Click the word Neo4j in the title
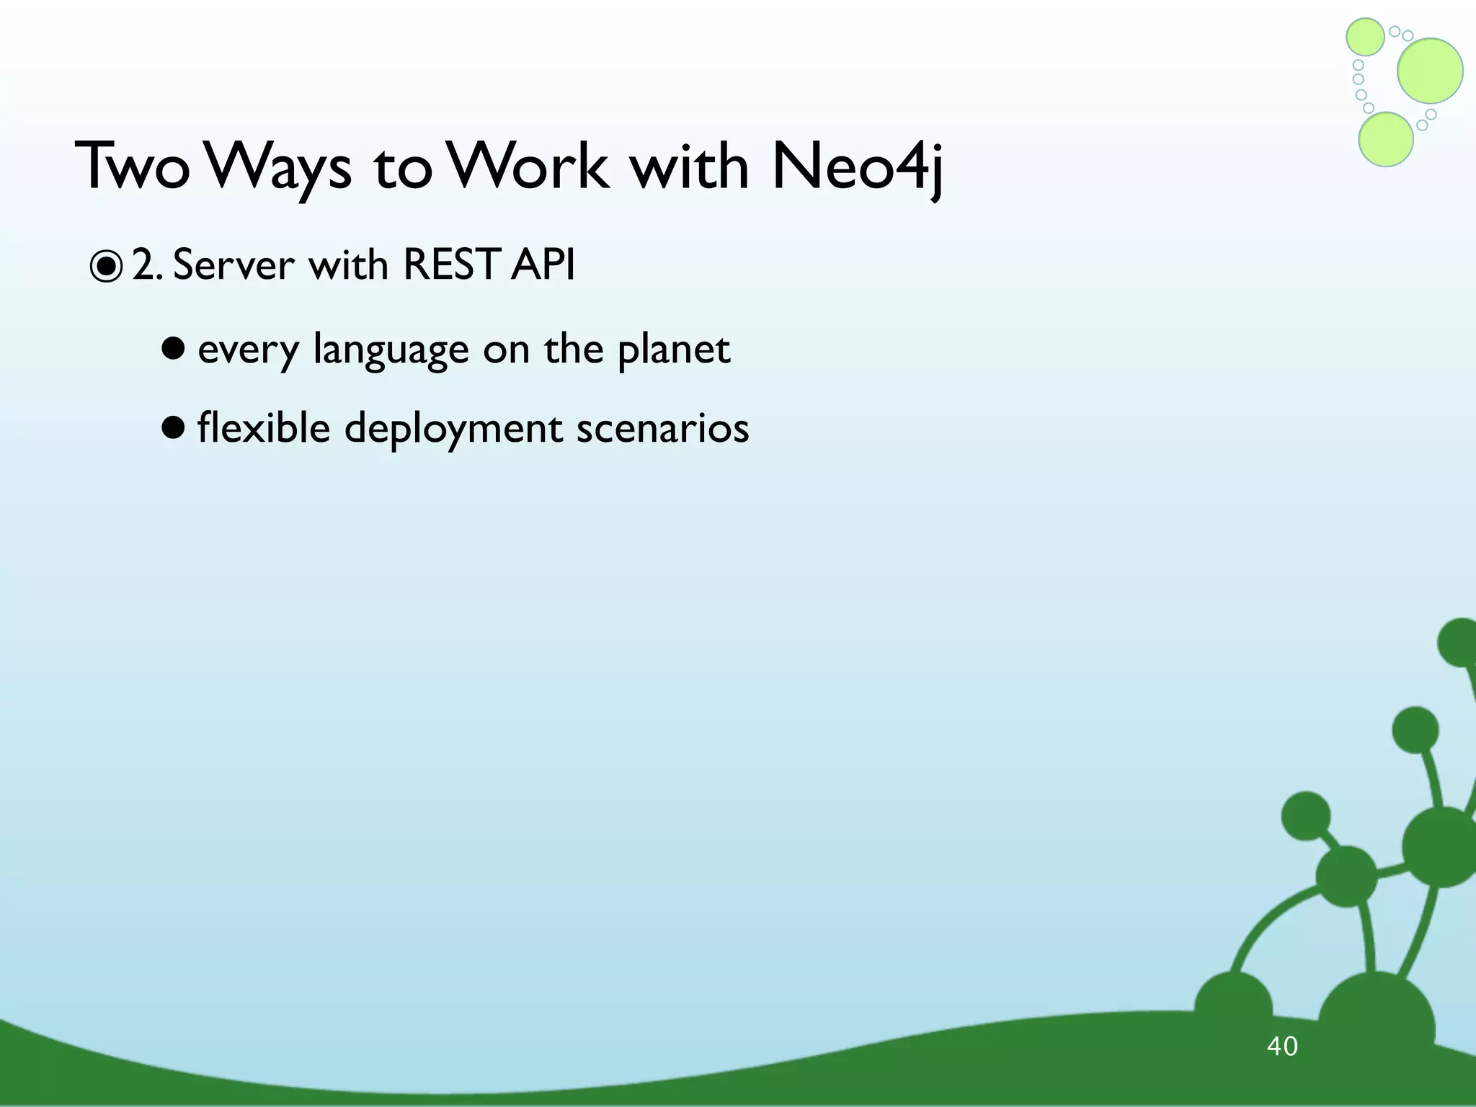(856, 167)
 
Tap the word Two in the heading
(133, 167)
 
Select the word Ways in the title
(281, 167)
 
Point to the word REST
(451, 264)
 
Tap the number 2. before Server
(148, 264)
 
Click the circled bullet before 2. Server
(106, 266)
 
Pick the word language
(391, 350)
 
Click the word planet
(674, 350)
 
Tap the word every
(248, 350)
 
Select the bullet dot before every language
(173, 350)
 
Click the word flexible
(263, 428)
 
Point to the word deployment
(453, 428)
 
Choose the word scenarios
(662, 428)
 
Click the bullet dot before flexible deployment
(173, 428)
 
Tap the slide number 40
(1282, 1046)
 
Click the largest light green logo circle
(1430, 71)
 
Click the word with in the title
(689, 167)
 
